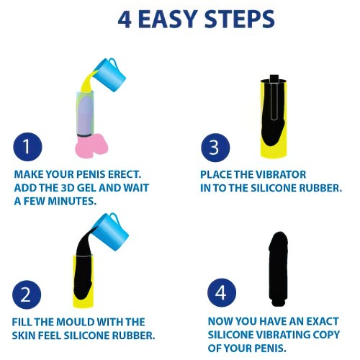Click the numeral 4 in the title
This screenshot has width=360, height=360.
(125, 19)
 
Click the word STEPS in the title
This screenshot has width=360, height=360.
(239, 19)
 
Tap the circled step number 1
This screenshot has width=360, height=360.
(27, 147)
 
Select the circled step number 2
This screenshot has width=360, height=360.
(27, 294)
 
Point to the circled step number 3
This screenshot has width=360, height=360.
(215, 148)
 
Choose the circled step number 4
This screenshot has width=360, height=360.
(222, 292)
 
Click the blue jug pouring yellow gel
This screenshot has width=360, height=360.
(109, 74)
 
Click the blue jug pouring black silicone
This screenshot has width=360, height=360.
(111, 231)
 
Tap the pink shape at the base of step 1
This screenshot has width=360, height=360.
(91, 145)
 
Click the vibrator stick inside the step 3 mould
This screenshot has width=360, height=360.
(274, 99)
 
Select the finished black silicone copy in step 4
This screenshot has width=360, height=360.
(279, 269)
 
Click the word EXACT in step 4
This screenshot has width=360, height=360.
(323, 321)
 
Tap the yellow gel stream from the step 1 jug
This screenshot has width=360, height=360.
(89, 81)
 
